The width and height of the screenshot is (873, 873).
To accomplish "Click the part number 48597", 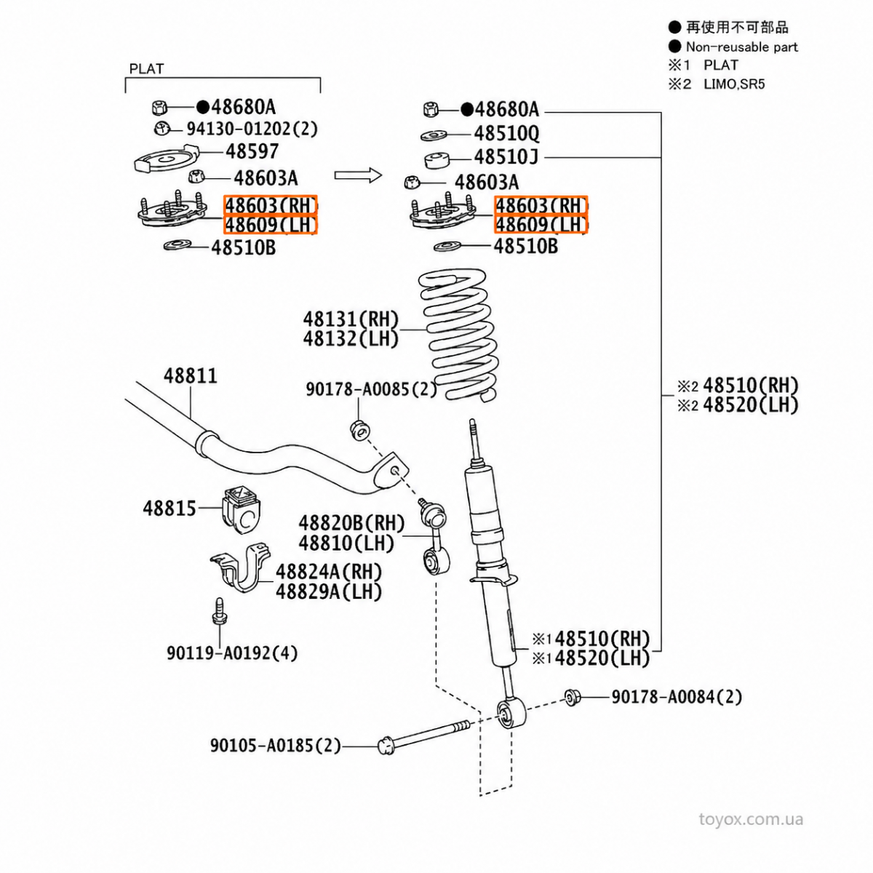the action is pyautogui.click(x=252, y=151).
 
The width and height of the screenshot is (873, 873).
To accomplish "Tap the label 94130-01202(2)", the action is pyautogui.click(x=252, y=129).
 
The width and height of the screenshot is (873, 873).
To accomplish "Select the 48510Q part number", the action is pyautogui.click(x=506, y=134).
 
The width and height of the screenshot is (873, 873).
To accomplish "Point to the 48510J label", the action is pyautogui.click(x=506, y=157).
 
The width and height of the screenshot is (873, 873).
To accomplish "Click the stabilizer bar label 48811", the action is pyautogui.click(x=191, y=376).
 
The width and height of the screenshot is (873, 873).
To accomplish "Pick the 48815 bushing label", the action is pyautogui.click(x=170, y=509).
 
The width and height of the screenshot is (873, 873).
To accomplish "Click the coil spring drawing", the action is pyautogui.click(x=459, y=335).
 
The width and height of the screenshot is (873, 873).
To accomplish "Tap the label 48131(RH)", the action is pyautogui.click(x=351, y=319).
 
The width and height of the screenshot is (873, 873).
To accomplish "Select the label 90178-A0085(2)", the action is pyautogui.click(x=371, y=389).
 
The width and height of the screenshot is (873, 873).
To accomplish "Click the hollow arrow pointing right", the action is pyautogui.click(x=359, y=175).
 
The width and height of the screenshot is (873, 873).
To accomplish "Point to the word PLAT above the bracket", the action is pyautogui.click(x=146, y=69).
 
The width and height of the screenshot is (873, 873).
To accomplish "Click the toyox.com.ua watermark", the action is pyautogui.click(x=751, y=819).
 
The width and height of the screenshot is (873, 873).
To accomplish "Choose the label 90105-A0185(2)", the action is pyautogui.click(x=276, y=746).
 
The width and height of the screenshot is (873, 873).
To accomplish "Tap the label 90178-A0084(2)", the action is pyautogui.click(x=677, y=697).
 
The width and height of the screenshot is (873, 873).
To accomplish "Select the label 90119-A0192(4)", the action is pyautogui.click(x=232, y=653).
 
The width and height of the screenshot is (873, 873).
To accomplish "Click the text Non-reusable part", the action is pyautogui.click(x=741, y=47).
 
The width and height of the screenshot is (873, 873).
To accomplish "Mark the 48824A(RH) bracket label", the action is pyautogui.click(x=329, y=573).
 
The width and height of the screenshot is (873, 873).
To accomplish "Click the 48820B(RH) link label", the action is pyautogui.click(x=351, y=524).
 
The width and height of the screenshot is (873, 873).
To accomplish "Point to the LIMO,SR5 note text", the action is pyautogui.click(x=734, y=84).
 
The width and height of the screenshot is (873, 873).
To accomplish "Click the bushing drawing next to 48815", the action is pyautogui.click(x=242, y=509).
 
